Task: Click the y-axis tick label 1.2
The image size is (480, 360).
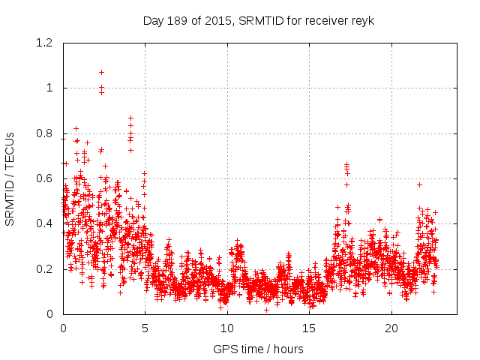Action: (x=44, y=43)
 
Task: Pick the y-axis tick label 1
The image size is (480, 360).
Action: (x=49, y=88)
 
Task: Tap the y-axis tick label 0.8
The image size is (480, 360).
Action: (x=44, y=133)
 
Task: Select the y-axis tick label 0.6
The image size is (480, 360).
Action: (x=44, y=178)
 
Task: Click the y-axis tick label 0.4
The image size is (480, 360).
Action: (x=44, y=223)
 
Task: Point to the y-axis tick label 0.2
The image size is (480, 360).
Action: (x=44, y=268)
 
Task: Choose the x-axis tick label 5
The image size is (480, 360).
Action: (x=145, y=328)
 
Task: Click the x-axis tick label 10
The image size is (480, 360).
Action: (x=227, y=328)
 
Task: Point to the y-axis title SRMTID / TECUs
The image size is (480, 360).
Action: (x=10, y=178)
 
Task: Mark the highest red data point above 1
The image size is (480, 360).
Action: (x=101, y=72)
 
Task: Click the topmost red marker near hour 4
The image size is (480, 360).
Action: (x=130, y=118)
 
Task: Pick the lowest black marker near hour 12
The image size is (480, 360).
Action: (x=266, y=310)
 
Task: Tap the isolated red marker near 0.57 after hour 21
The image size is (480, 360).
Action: (x=419, y=184)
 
